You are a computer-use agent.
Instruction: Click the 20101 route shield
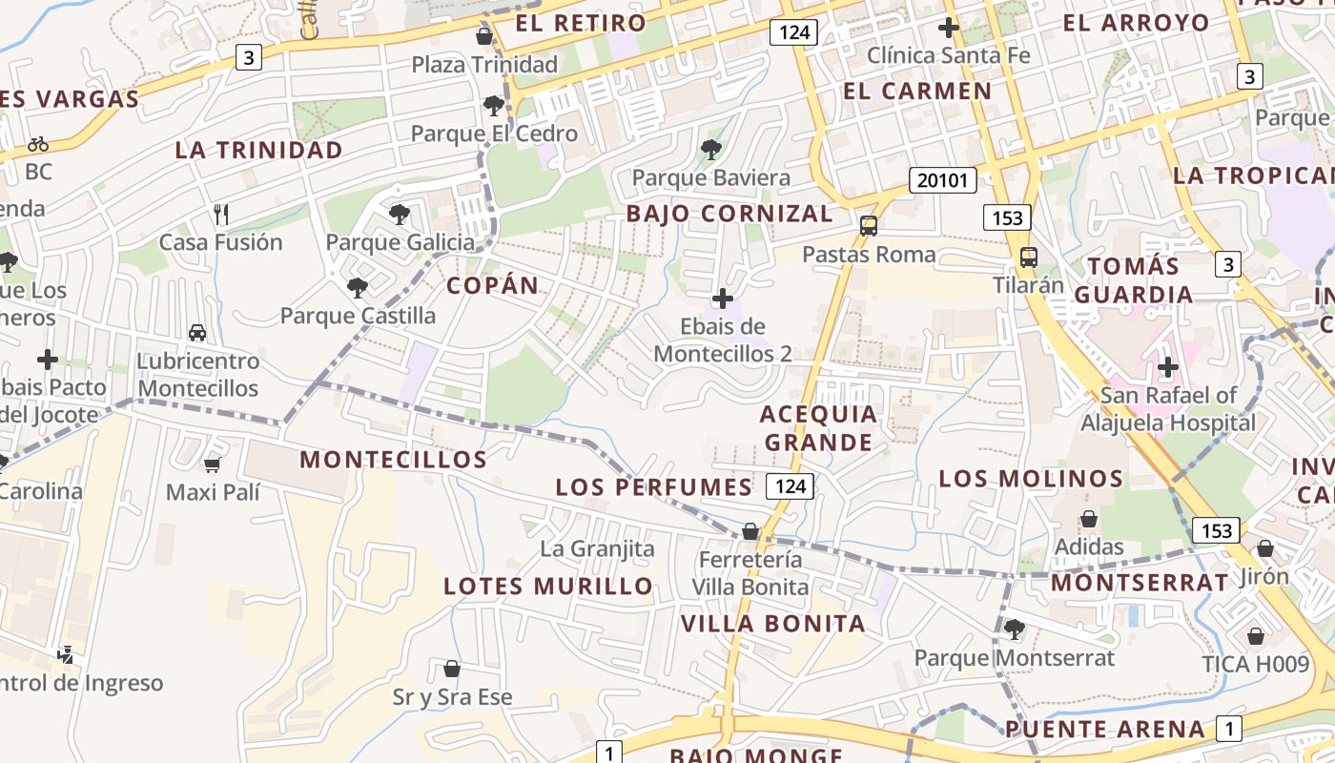click(x=943, y=180)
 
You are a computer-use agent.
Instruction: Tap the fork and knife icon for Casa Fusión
click(x=221, y=214)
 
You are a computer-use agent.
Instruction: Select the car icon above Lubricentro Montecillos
click(x=197, y=333)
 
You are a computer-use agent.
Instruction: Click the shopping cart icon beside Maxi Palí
click(x=212, y=464)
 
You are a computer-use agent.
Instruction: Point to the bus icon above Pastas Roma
click(x=869, y=226)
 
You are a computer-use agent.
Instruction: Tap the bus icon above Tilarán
click(x=1028, y=257)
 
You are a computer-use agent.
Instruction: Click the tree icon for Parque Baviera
click(x=710, y=149)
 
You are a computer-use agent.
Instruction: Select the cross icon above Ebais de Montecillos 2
click(x=723, y=299)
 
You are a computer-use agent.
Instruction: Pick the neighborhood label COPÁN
click(x=493, y=285)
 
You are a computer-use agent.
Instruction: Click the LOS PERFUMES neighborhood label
click(x=654, y=487)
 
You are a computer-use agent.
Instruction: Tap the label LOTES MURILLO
click(x=548, y=586)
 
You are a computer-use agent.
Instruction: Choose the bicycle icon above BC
click(x=38, y=144)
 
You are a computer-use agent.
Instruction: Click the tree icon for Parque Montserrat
click(x=1014, y=629)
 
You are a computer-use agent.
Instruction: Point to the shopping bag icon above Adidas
click(x=1088, y=519)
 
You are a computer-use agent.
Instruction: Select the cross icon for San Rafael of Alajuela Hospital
click(x=1168, y=367)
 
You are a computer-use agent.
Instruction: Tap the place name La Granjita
click(x=597, y=548)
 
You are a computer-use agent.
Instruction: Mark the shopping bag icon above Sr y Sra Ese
click(x=452, y=669)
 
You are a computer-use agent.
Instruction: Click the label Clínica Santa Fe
click(x=948, y=55)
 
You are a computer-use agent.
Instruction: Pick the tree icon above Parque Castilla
click(x=358, y=286)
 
